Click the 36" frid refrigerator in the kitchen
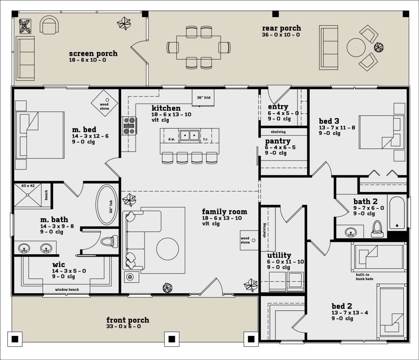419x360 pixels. point(203,98)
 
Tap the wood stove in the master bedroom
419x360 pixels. point(104,103)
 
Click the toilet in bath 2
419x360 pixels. point(377,229)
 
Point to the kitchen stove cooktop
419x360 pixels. point(129,126)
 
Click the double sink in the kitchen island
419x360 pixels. point(190,135)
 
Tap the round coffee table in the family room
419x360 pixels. point(168,249)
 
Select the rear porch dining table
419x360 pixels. point(199,48)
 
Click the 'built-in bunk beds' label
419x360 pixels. point(365,277)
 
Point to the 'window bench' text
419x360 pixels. point(67,290)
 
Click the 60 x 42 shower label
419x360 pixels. point(28,186)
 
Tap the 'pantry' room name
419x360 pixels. point(278,141)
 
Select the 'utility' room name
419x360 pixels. point(279,255)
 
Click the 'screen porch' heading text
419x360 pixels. point(93,53)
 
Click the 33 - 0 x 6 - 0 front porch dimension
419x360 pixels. point(124,326)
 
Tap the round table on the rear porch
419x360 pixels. point(356,48)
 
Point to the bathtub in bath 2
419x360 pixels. point(397,213)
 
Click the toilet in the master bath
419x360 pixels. point(109,242)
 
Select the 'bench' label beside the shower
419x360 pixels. point(46,195)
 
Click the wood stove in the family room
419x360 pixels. point(249,240)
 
